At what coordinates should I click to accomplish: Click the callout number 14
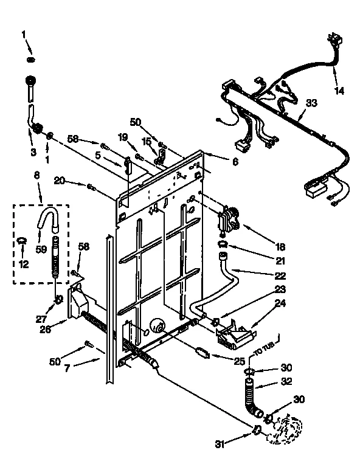[x=339, y=91]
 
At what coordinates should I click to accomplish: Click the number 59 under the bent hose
[x=41, y=248]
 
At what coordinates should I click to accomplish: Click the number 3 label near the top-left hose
[x=33, y=151]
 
